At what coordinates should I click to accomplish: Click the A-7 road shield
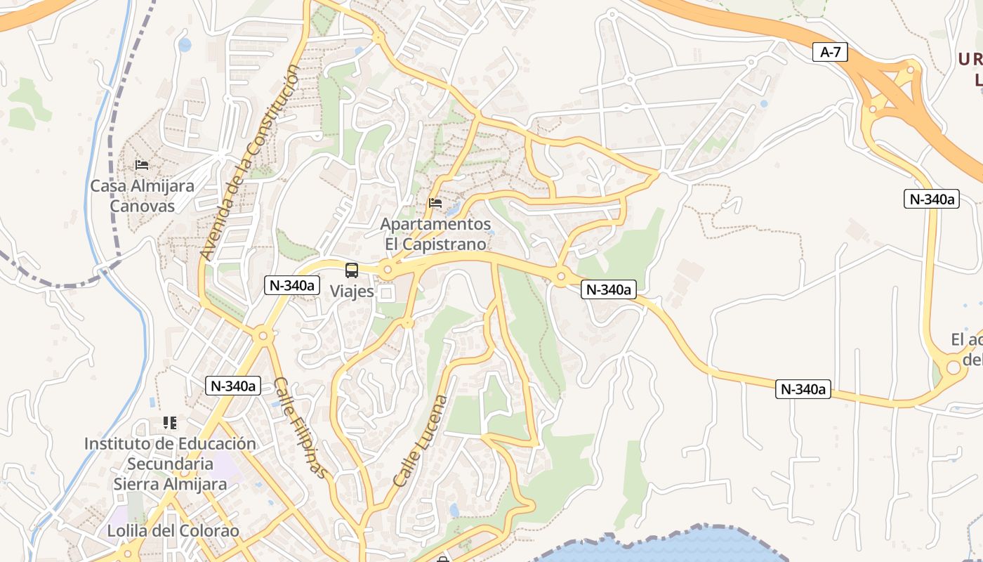tap(830, 52)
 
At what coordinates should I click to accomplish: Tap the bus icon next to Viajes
tap(351, 270)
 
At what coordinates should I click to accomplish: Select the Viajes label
tap(351, 291)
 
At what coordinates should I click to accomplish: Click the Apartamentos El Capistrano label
tap(435, 234)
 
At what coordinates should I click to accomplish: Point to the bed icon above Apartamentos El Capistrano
tap(435, 204)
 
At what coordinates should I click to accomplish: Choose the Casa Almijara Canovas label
tap(143, 196)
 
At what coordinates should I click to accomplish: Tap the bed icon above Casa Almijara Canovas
tap(142, 165)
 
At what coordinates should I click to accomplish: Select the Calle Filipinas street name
tap(301, 429)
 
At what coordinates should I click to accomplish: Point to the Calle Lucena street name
tap(420, 442)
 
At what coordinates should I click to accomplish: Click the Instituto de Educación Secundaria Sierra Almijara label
tap(170, 464)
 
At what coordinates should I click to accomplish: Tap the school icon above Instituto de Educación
tap(170, 423)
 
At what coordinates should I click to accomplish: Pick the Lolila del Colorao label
tap(173, 530)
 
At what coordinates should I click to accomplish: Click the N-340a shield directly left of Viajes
tap(292, 285)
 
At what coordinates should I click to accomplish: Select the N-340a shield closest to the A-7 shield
tap(931, 199)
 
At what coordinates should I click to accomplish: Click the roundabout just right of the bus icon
tap(388, 269)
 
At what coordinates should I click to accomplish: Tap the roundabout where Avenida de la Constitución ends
tap(263, 336)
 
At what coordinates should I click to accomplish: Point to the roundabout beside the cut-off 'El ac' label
tap(953, 367)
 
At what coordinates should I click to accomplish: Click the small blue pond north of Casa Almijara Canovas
tap(185, 45)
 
